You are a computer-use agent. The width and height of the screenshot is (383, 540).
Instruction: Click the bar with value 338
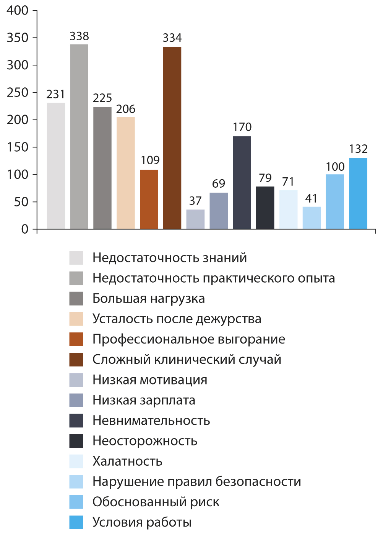point(79,137)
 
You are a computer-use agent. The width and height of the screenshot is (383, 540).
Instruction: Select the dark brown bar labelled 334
point(172,138)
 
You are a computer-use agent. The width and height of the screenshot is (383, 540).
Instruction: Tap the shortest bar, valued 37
point(195,219)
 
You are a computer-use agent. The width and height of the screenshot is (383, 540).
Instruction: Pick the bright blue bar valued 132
point(358,193)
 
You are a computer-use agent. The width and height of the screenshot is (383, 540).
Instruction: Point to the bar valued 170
point(242,183)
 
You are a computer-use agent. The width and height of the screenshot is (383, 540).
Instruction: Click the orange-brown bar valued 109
point(149,199)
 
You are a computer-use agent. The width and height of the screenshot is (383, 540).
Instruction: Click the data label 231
point(56,94)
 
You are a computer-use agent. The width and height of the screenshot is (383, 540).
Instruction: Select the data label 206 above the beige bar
point(126,109)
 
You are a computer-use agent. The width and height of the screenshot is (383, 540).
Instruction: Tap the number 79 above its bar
point(265,178)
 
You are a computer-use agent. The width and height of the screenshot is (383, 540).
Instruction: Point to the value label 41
point(312,198)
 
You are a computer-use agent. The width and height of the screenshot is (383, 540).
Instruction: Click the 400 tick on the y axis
point(18,10)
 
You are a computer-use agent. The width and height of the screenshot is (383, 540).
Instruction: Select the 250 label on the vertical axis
point(18,92)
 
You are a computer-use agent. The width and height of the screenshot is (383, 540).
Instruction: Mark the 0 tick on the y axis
point(25,229)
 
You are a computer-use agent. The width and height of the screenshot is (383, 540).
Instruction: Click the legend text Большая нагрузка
point(149,298)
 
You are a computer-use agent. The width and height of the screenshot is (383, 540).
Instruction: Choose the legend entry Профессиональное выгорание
point(189,339)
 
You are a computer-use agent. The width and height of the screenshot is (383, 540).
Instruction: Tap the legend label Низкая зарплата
point(144,400)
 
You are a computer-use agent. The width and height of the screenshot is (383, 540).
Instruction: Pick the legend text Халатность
point(127,461)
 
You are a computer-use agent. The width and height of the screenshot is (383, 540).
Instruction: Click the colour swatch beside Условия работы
point(76,522)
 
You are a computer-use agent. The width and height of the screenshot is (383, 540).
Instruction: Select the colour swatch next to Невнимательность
point(76,421)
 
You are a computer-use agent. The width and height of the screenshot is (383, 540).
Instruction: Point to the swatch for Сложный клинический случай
point(76,360)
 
